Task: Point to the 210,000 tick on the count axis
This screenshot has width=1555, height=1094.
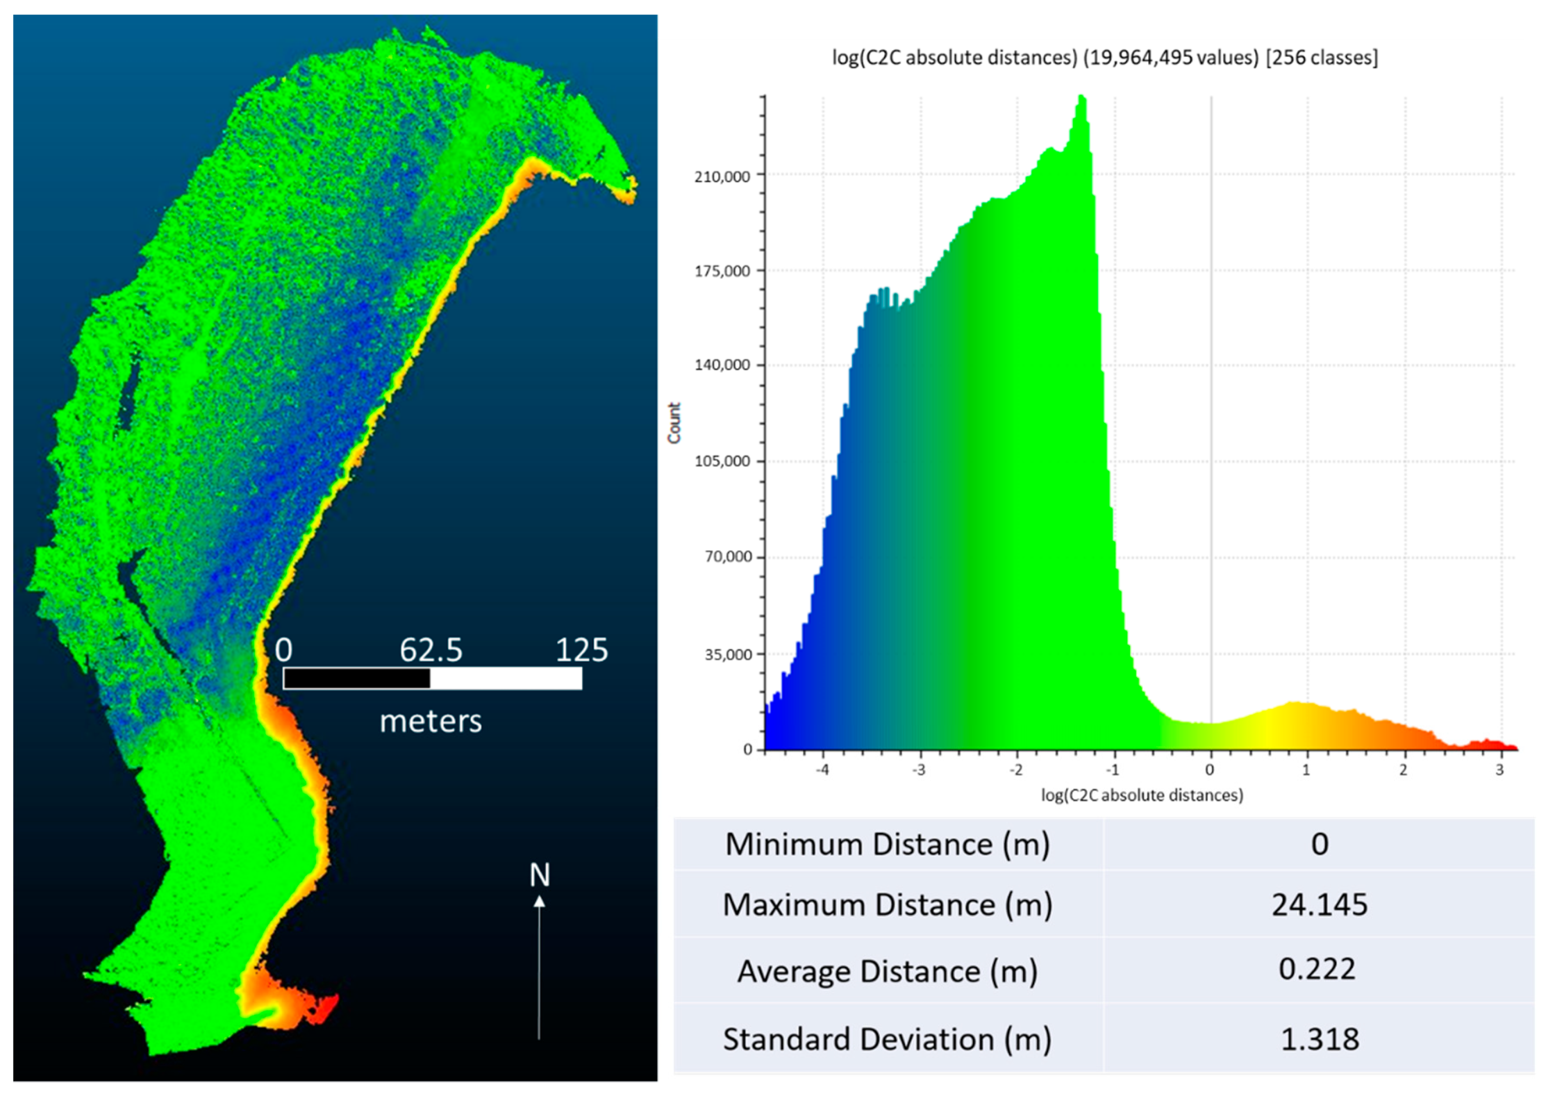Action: click(x=722, y=177)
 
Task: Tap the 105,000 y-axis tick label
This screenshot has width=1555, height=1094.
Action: click(x=722, y=461)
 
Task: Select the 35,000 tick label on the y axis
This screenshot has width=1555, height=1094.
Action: click(x=727, y=655)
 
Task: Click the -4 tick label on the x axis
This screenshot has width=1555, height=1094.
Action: click(x=822, y=770)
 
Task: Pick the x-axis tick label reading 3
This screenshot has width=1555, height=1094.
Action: click(x=1500, y=770)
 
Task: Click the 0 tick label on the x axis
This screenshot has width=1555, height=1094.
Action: click(x=1209, y=770)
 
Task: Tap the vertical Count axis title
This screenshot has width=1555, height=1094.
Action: click(x=674, y=423)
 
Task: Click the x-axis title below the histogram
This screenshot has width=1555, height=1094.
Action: click(x=1142, y=795)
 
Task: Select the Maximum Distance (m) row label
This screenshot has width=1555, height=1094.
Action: click(x=887, y=905)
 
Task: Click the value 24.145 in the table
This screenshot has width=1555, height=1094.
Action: click(x=1319, y=905)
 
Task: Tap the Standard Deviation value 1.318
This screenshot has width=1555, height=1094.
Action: click(x=1319, y=1039)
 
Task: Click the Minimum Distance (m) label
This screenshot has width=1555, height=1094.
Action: click(x=887, y=845)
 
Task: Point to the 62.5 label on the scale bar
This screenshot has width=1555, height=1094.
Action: click(x=431, y=650)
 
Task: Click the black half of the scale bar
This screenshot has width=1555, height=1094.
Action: click(x=357, y=678)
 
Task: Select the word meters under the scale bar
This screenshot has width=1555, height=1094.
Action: click(x=431, y=721)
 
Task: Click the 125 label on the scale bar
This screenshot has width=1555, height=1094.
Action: click(x=582, y=650)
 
